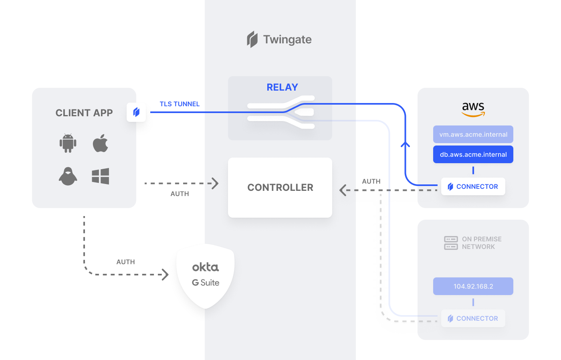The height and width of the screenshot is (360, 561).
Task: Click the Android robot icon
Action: pos(68,143)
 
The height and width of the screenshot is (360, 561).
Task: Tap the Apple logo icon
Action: pos(101,143)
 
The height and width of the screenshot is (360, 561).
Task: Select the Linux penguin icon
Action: pos(68,176)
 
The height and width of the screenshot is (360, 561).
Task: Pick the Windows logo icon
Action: pos(101,176)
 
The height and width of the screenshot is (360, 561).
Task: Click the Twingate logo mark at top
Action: pos(252,39)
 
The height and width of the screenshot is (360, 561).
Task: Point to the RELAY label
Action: pos(282,87)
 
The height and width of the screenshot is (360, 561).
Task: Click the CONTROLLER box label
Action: pos(280,187)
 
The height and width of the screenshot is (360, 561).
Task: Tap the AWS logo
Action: pos(473,109)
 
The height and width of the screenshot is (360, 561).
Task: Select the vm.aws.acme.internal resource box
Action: pos(473,134)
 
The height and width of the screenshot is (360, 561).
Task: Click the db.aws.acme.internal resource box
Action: pos(473,154)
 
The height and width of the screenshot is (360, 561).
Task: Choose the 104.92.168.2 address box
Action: pos(473,286)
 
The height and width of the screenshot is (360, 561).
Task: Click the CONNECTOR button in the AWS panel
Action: pos(473,186)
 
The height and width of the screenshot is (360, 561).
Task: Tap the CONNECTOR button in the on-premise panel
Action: pos(473,318)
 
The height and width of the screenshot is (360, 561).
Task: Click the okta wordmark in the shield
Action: pos(205,267)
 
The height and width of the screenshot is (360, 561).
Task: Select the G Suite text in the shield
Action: pos(205,283)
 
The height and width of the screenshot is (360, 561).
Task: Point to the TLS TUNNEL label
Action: pos(180,104)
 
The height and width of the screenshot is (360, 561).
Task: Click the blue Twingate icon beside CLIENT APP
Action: pos(136,112)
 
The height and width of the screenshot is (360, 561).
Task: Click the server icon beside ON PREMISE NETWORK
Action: pos(451,243)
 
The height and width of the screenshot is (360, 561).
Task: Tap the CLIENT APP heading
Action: pos(84,113)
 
